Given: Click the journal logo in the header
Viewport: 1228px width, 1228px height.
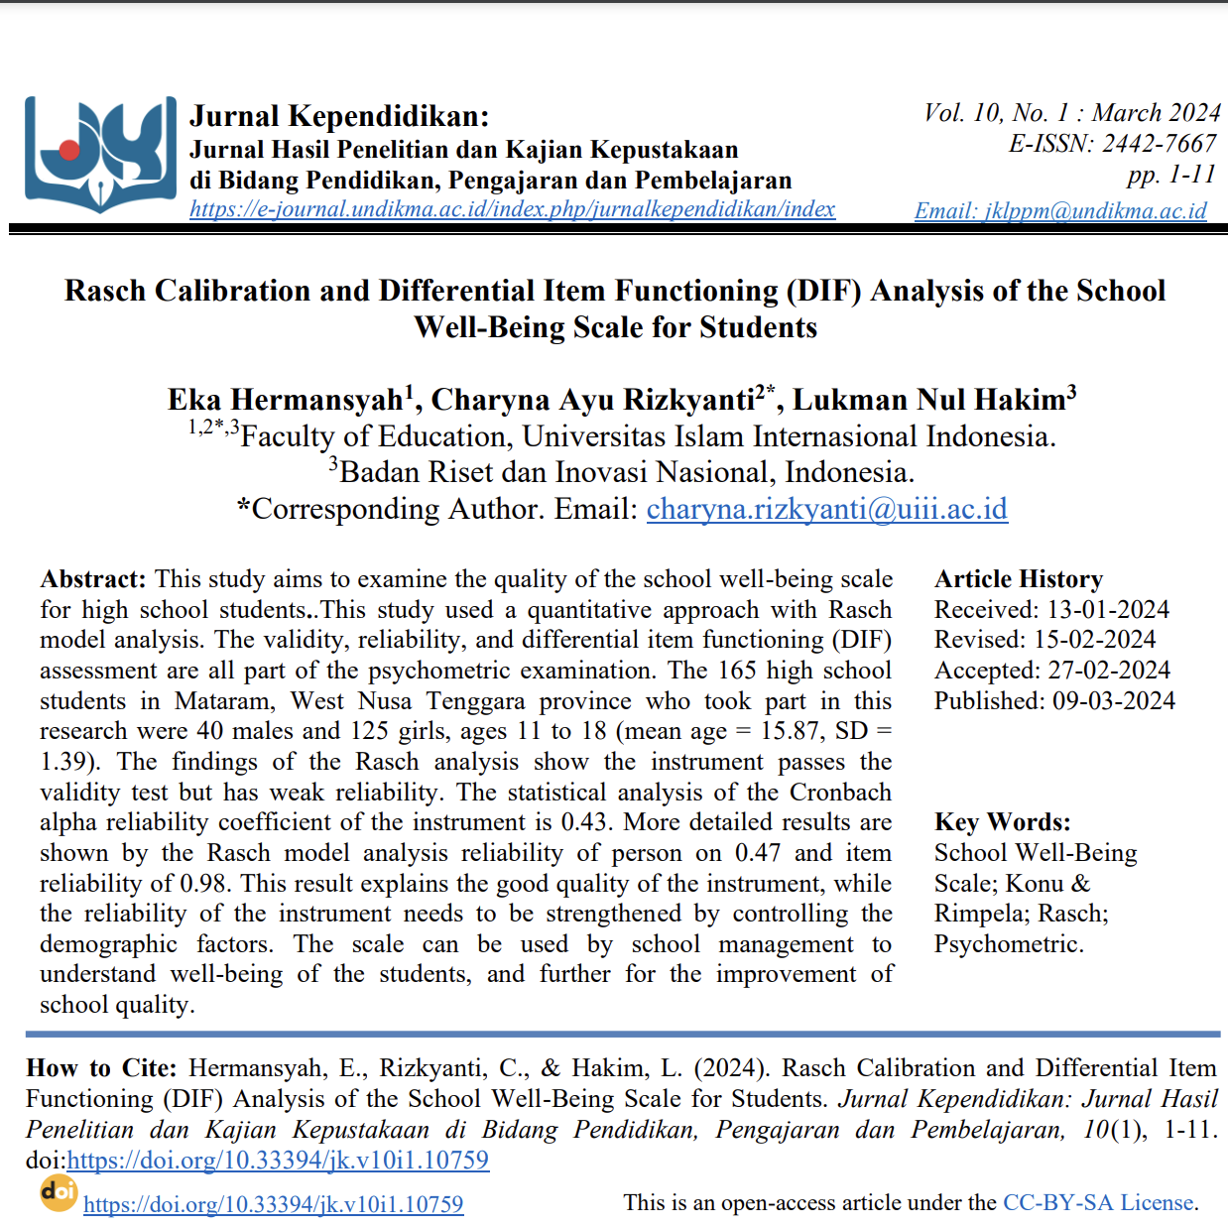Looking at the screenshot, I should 99,154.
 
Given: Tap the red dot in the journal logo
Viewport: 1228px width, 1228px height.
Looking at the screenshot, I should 69,150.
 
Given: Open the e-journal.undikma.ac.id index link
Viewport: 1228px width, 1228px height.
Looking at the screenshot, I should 512,209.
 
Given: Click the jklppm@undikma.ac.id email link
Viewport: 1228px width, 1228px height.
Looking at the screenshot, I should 1060,210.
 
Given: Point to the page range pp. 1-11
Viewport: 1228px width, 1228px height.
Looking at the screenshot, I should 1170,175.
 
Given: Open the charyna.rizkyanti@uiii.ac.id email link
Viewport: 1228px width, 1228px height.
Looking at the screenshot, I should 826,509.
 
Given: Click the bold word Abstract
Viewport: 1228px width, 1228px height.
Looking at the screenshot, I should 92,579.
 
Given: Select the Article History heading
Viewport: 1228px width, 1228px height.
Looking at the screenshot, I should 1018,579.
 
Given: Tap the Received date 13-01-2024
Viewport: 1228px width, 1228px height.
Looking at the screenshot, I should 1108,610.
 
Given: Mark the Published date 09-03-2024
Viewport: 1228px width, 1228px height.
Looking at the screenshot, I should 1113,701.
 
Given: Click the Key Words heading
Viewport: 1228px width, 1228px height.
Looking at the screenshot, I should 1002,822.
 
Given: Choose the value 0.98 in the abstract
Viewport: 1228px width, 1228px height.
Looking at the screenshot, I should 203,884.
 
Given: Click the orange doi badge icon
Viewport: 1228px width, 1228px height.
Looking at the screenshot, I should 59,1191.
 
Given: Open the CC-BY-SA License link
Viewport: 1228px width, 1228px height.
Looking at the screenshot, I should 1098,1203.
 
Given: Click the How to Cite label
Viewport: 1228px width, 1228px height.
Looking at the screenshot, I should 101,1068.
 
